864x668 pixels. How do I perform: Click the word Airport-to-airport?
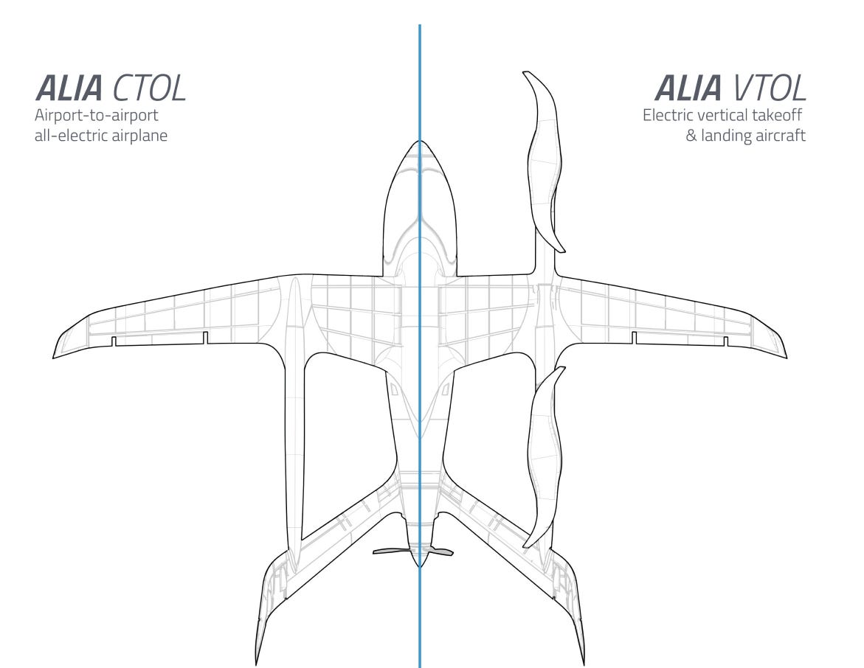click(97, 116)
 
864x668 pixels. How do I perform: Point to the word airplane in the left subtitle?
click(140, 136)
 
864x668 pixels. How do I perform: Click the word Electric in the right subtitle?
click(668, 116)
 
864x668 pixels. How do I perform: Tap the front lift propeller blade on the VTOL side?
click(545, 159)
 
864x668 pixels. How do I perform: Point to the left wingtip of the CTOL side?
click(55, 356)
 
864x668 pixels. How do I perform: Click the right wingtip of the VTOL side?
click(785, 356)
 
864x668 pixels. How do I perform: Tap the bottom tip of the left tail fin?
click(258, 662)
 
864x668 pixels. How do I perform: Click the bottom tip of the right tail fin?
click(583, 662)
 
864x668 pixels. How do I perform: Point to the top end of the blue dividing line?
click(420, 27)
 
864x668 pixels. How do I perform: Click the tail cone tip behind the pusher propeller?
click(420, 566)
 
